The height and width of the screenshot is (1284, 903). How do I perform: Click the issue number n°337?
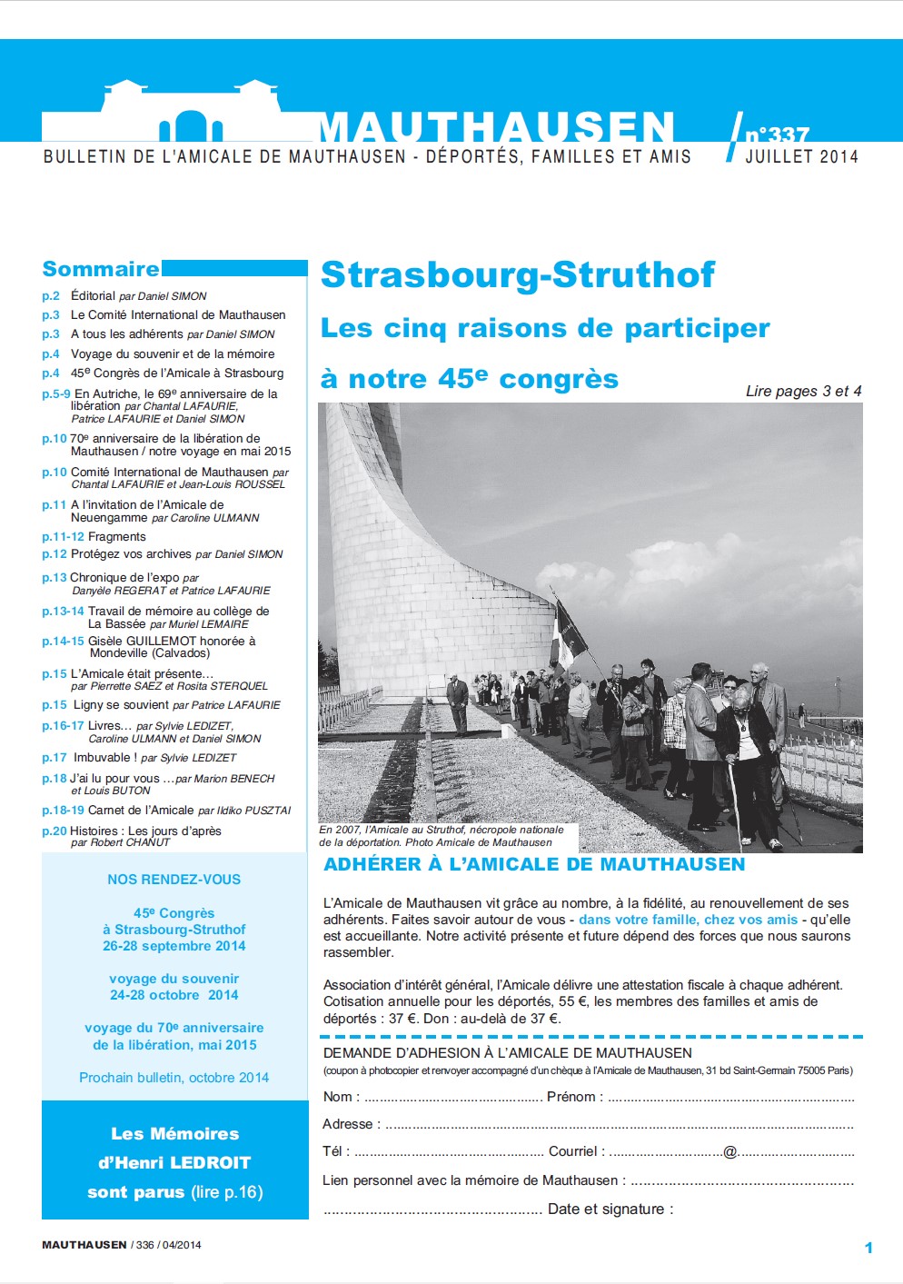[777, 134]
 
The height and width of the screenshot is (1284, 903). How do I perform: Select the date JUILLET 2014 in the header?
[801, 156]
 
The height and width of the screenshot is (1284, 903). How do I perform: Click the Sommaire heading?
[101, 269]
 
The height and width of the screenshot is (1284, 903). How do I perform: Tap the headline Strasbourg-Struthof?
[518, 274]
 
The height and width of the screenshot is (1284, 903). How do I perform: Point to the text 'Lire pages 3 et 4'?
[803, 391]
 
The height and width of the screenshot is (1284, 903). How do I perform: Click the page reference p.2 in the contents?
[51, 296]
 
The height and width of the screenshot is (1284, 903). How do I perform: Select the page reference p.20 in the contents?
[54, 831]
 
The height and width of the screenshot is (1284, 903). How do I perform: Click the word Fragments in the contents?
[116, 537]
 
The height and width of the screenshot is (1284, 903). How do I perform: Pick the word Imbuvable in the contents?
[102, 757]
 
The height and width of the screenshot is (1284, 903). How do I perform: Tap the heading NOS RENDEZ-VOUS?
[174, 880]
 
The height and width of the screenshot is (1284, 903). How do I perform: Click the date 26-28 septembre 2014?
[174, 946]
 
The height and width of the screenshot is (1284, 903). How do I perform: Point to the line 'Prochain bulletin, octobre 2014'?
[174, 1078]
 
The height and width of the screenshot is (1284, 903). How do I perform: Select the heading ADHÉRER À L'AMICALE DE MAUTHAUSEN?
[534, 864]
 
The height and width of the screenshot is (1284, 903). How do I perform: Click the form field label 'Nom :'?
[342, 1097]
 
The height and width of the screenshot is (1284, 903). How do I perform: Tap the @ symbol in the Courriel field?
[729, 1152]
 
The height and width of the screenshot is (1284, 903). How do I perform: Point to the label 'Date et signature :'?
[610, 1209]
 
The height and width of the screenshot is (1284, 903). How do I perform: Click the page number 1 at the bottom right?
[868, 1248]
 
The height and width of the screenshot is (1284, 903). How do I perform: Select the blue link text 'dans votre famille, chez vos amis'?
[688, 920]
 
